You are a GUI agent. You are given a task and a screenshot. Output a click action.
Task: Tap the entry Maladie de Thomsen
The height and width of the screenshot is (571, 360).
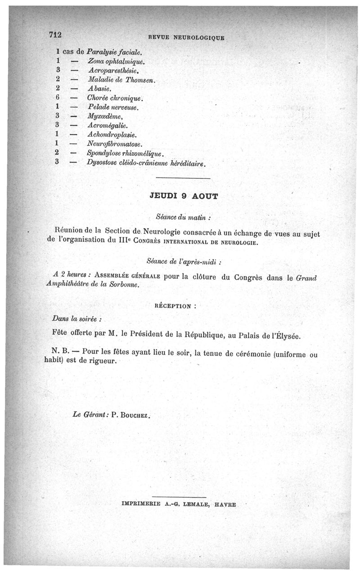[x=122, y=80]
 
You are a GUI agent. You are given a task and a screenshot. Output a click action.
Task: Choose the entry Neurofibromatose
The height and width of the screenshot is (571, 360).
[x=115, y=144]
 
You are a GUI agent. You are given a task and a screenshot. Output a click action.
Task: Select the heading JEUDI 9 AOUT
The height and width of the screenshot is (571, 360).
[x=183, y=196]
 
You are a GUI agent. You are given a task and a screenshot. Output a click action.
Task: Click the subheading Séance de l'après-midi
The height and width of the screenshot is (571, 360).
[x=184, y=261]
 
